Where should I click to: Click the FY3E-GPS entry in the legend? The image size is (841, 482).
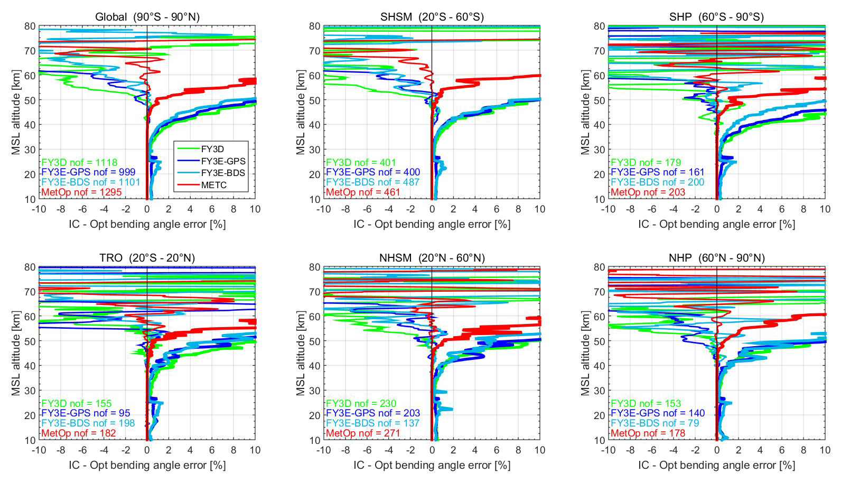coord(223,161)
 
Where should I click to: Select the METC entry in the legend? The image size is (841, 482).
coord(213,184)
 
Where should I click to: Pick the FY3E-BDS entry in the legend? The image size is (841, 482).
coord(223,173)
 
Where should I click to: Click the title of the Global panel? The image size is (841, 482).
coord(147,17)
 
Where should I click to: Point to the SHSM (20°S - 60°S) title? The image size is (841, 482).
coord(432,17)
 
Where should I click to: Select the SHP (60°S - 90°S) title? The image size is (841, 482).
coord(716,17)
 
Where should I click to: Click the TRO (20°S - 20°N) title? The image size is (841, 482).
coord(147,258)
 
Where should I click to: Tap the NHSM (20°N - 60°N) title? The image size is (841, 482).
coord(432,258)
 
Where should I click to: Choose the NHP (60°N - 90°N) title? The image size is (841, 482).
coord(716,258)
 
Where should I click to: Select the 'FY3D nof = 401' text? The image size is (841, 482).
coord(361,162)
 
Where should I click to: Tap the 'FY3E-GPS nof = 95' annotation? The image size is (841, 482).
coord(86,413)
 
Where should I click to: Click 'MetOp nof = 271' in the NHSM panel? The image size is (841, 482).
coord(363,433)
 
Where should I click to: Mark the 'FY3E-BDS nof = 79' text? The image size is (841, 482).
coord(655,423)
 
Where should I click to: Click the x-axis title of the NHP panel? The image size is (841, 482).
coord(716,465)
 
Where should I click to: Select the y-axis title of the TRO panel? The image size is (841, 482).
coord(16,354)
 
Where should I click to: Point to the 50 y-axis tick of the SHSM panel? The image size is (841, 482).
coord(315,100)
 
